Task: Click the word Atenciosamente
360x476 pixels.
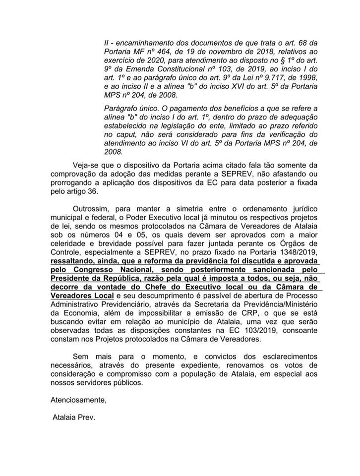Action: point(78,400)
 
